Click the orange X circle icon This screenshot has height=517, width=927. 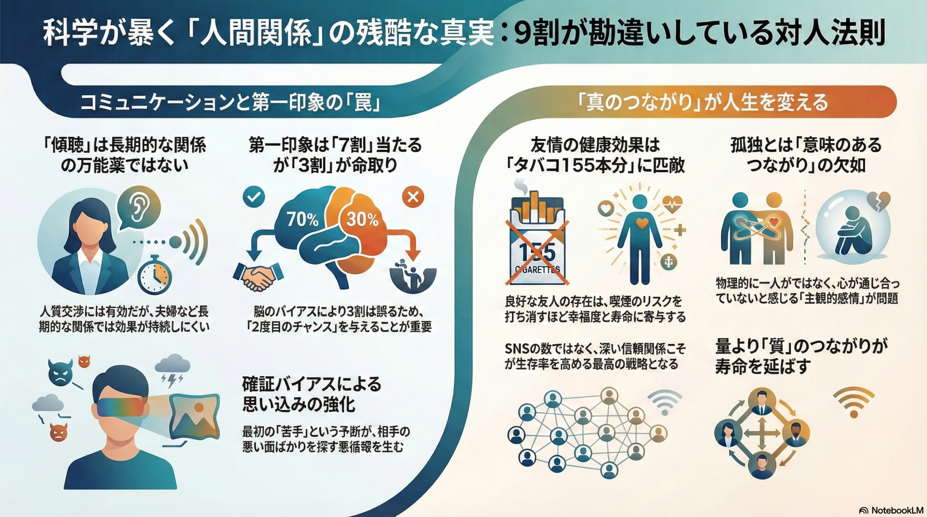click(x=413, y=197)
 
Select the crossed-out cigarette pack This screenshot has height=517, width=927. click(x=538, y=241)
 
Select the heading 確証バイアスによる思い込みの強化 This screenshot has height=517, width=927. click(x=311, y=395)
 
